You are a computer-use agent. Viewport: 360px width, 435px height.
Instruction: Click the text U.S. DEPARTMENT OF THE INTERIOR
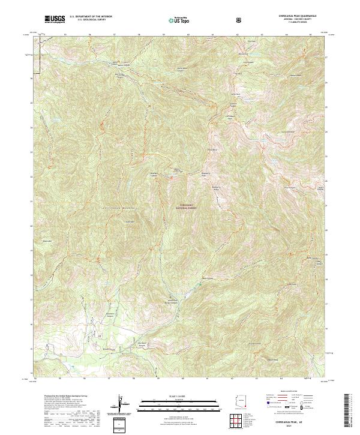click(x=91, y=17)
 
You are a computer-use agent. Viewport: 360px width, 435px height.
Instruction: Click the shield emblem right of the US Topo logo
click(x=240, y=20)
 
